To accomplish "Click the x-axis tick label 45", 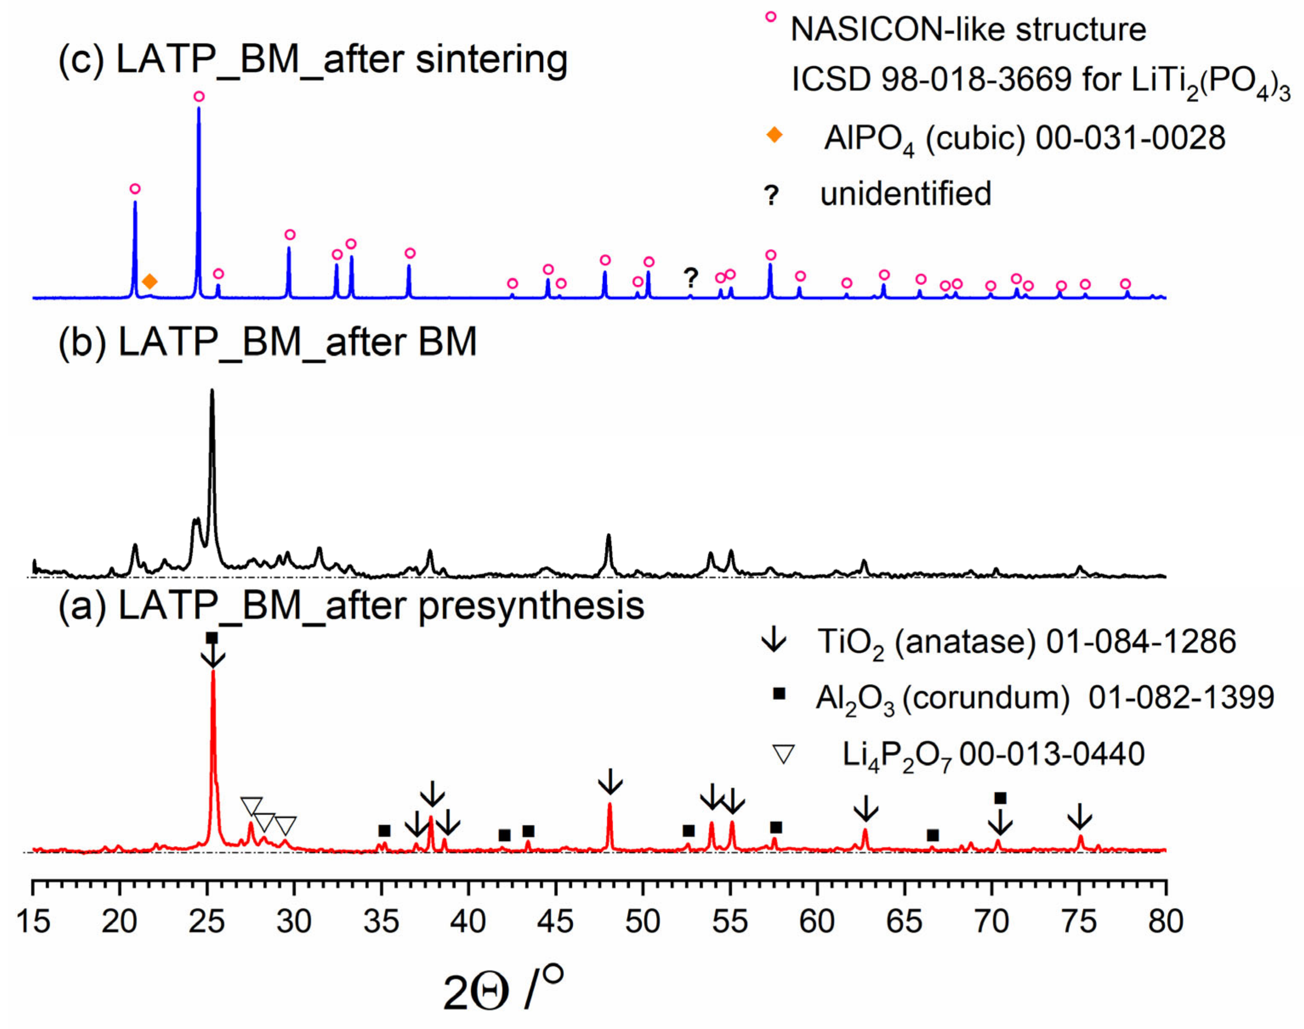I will click(555, 922).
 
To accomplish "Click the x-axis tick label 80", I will click(1165, 922).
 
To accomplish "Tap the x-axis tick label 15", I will click(33, 922).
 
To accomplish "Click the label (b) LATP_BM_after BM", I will click(268, 342).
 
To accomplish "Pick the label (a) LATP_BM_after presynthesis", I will click(351, 606).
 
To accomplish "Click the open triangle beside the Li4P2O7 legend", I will click(784, 754).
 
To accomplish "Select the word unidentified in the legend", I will click(905, 194).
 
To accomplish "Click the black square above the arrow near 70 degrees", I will click(1000, 798).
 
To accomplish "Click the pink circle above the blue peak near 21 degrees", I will click(135, 188).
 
